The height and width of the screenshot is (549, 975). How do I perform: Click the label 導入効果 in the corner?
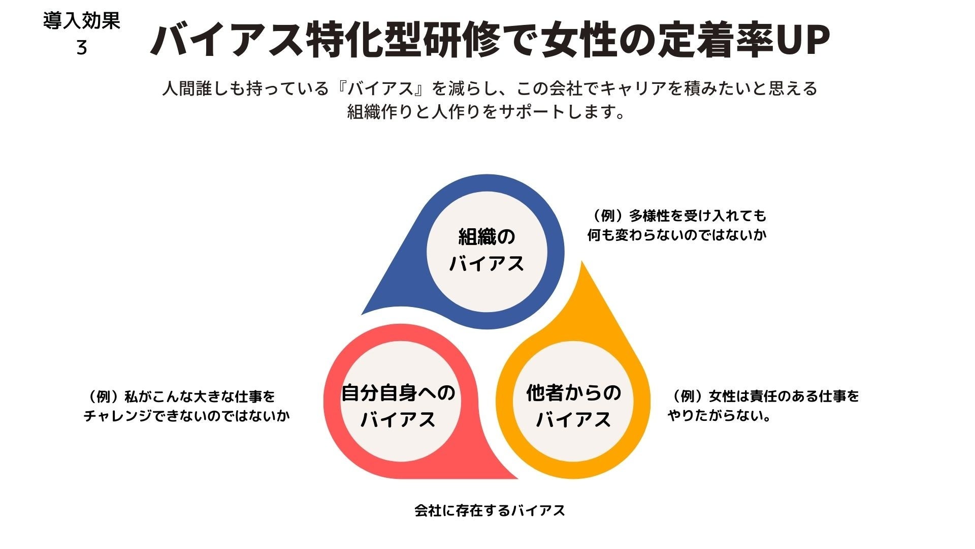pyautogui.click(x=81, y=21)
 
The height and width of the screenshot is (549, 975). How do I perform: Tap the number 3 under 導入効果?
pyautogui.click(x=81, y=48)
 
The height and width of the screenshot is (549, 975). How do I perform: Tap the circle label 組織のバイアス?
pyautogui.click(x=486, y=250)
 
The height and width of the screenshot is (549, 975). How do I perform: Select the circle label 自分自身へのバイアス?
pyautogui.click(x=398, y=406)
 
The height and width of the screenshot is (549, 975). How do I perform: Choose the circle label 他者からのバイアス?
pyautogui.click(x=573, y=406)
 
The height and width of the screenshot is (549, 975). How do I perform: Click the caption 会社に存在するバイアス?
pyautogui.click(x=490, y=510)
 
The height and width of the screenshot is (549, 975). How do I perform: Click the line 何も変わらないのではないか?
pyautogui.click(x=676, y=235)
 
